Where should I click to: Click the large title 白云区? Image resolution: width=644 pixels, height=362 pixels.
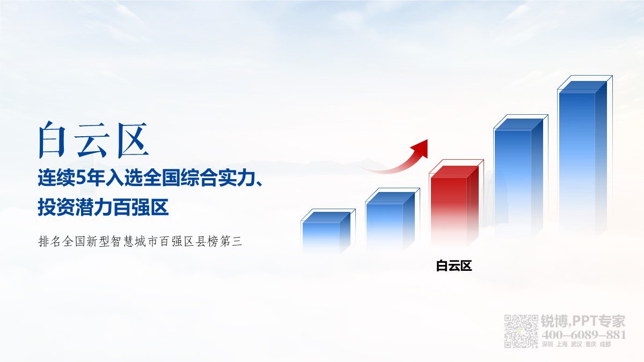click(x=93, y=140)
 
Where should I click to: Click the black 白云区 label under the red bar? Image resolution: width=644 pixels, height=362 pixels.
click(x=453, y=266)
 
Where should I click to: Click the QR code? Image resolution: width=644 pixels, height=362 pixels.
click(x=521, y=331)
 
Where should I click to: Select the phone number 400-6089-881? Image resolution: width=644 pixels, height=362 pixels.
click(x=584, y=335)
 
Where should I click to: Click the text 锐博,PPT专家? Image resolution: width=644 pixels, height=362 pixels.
click(x=583, y=321)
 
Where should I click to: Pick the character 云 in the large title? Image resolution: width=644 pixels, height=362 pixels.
click(x=92, y=140)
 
